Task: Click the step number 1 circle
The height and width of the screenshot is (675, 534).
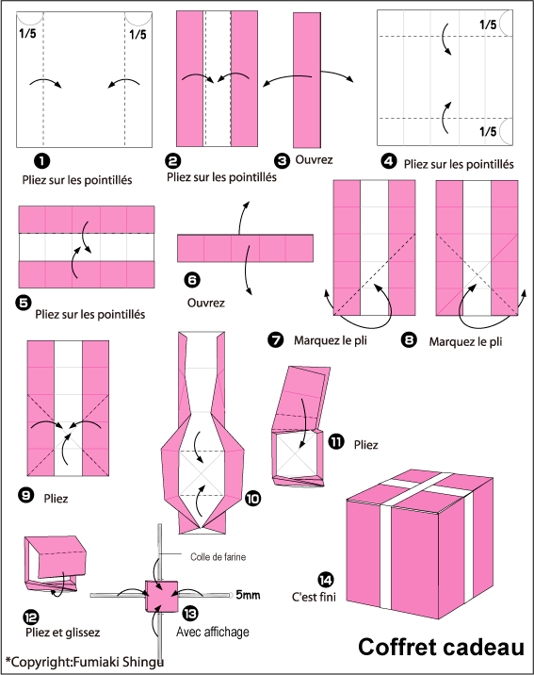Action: pyautogui.click(x=41, y=161)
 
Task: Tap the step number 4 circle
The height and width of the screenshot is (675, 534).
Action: pyautogui.click(x=389, y=162)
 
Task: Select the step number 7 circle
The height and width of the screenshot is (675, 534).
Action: pyautogui.click(x=275, y=339)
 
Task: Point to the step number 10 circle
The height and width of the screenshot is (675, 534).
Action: pyautogui.click(x=252, y=499)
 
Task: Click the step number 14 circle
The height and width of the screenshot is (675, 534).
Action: pyautogui.click(x=326, y=580)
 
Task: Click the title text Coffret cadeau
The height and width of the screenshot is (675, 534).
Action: pyautogui.click(x=442, y=647)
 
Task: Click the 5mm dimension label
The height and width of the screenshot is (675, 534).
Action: pyautogui.click(x=248, y=595)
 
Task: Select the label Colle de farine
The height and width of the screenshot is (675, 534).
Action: pyautogui.click(x=218, y=557)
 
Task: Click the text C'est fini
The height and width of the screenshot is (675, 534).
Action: pyautogui.click(x=314, y=597)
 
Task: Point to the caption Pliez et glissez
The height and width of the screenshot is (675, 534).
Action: pyautogui.click(x=63, y=633)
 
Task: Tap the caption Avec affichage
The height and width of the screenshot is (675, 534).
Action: pyautogui.click(x=213, y=632)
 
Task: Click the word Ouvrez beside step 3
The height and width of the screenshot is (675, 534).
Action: pyautogui.click(x=314, y=159)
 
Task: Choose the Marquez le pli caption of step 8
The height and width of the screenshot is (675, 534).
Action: pyautogui.click(x=465, y=342)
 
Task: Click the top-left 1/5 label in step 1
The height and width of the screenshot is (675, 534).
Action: pyautogui.click(x=28, y=33)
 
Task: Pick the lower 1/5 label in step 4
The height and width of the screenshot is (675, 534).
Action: pyautogui.click(x=488, y=131)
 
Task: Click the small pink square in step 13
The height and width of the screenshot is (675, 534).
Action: pyautogui.click(x=162, y=596)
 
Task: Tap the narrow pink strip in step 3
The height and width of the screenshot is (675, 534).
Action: pyautogui.click(x=307, y=80)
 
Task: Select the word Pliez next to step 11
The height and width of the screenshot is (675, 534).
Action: pyautogui.click(x=365, y=445)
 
